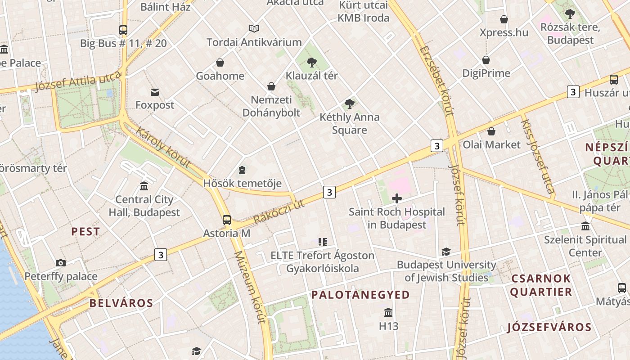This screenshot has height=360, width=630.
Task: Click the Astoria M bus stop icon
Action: click(227, 220)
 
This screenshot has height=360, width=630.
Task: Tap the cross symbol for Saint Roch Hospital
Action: click(397, 198)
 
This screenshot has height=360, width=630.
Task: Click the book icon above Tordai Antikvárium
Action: click(254, 29)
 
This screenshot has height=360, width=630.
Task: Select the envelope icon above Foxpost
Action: click(155, 92)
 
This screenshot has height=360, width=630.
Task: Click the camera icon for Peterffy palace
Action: click(61, 263)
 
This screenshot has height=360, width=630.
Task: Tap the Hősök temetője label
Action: click(242, 183)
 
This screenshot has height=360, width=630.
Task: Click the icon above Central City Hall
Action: click(144, 186)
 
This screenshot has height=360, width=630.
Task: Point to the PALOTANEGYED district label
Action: click(360, 295)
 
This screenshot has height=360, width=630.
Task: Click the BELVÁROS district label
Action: click(121, 303)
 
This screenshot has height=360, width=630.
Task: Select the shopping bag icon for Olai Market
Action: click(491, 131)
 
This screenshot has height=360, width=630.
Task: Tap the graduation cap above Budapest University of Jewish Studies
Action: click(446, 252)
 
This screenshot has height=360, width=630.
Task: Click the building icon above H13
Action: click(388, 312)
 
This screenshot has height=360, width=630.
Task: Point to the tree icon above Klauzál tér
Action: click(311, 63)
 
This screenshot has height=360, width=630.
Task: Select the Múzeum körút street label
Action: click(250, 288)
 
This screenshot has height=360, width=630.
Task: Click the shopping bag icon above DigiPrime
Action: click(486, 60)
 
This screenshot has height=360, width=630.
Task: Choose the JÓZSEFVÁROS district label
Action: click(549, 327)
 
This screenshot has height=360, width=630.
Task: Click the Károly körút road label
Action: click(163, 148)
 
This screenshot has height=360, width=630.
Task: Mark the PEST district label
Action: click(85, 232)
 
